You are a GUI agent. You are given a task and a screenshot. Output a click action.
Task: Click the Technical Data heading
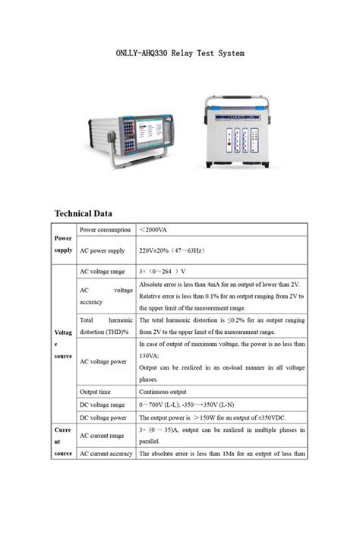(84, 213)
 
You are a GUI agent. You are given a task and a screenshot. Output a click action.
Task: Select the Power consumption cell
(105, 229)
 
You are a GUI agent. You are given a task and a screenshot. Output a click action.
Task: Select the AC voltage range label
(103, 271)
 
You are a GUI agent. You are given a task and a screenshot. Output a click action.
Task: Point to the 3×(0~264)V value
(163, 271)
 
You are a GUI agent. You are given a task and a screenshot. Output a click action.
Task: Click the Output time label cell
(97, 392)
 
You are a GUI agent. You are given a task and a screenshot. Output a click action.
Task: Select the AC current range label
(103, 436)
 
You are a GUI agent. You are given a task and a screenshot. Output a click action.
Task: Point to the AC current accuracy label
(106, 454)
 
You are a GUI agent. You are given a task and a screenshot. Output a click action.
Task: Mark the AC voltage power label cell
(103, 361)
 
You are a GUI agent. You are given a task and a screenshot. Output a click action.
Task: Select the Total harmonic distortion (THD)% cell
(106, 326)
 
